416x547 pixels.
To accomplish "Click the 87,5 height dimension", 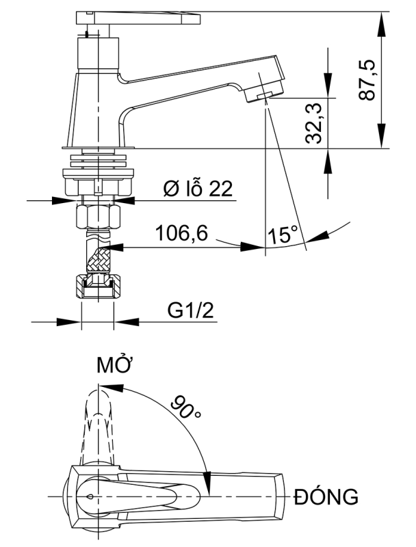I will coord(369,79).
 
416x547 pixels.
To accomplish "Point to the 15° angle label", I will coord(283,236).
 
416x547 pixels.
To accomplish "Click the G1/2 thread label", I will coord(191,311).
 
